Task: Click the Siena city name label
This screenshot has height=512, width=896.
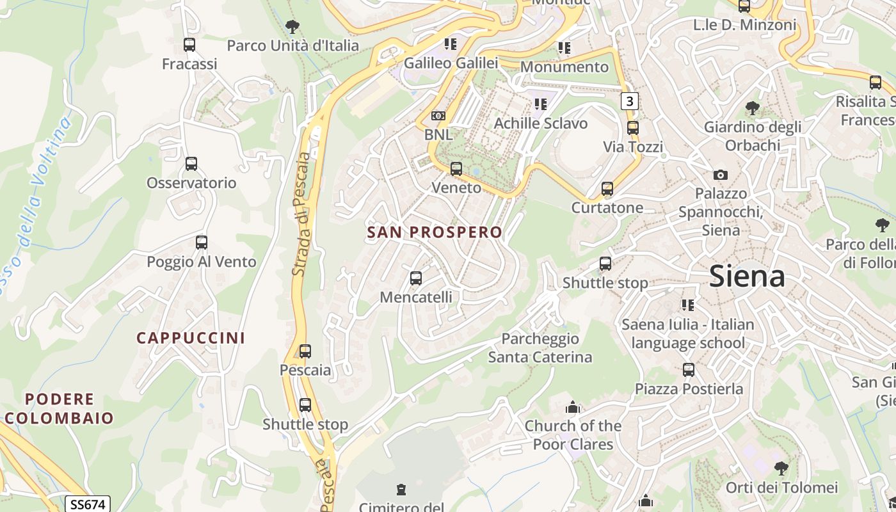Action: [x=747, y=276]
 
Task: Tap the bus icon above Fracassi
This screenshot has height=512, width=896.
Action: [x=189, y=45]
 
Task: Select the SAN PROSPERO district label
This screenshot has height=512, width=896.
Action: [x=435, y=232]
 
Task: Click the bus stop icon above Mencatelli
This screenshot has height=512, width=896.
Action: [x=416, y=278]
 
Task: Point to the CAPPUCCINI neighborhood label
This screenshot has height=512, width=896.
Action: [x=191, y=338]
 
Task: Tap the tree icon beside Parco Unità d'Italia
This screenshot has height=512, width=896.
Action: [x=292, y=27]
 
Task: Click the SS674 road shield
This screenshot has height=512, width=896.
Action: [x=88, y=504]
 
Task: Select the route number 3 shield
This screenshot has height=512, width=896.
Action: [x=630, y=101]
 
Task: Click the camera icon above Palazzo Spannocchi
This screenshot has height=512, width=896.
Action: [x=721, y=175]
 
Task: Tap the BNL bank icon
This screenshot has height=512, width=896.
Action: [x=438, y=116]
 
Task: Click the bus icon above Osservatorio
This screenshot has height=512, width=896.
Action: [x=191, y=164]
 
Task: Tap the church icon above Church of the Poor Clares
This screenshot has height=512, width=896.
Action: [x=573, y=407]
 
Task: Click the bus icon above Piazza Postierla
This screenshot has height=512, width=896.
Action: [x=689, y=370]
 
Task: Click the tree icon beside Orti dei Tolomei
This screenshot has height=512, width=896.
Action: [x=781, y=468]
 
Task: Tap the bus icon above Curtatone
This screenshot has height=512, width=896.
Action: [x=607, y=189]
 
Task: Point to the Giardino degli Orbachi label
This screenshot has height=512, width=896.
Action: [x=752, y=136]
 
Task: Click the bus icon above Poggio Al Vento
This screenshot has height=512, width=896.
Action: [x=202, y=243]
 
